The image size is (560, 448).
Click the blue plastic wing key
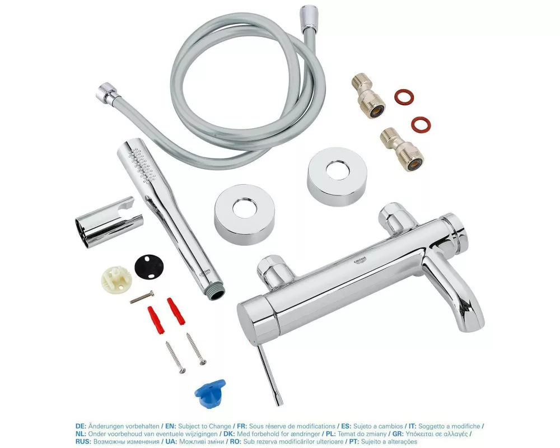[x=209, y=392]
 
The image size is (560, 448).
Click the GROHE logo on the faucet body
[x=360, y=261]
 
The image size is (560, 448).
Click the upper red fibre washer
[x=404, y=96]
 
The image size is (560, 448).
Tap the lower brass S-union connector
[x=402, y=150]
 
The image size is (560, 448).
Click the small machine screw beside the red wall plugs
[x=142, y=297]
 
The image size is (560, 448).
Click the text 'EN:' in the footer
[x=170, y=426]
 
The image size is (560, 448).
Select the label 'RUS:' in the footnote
[x=83, y=442]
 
